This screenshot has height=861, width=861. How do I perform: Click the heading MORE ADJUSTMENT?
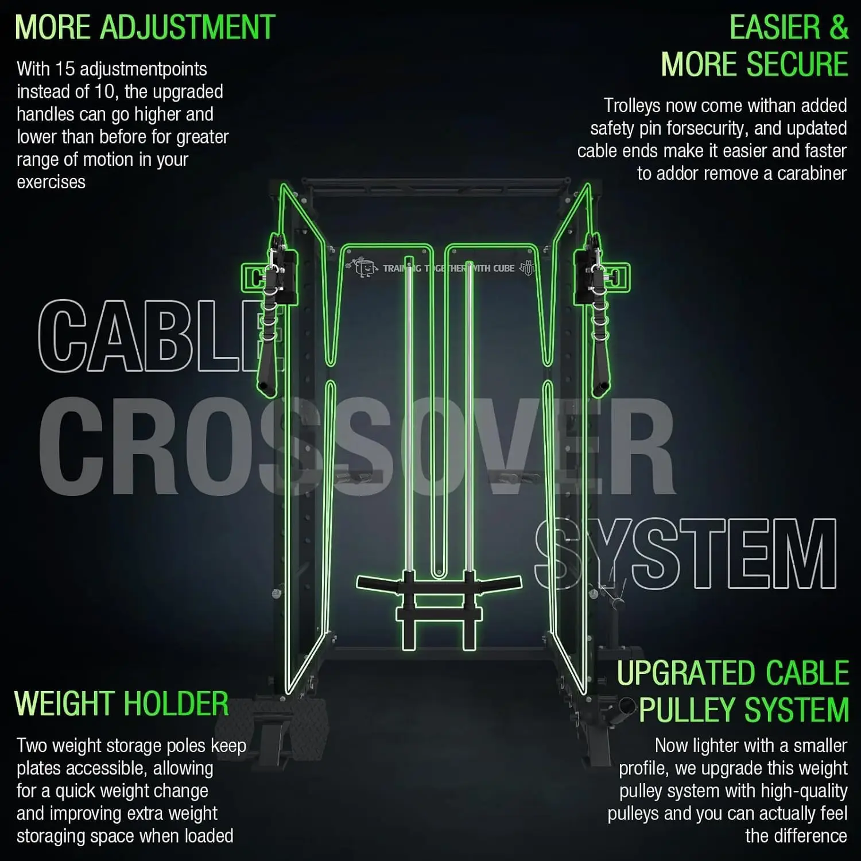coord(145,28)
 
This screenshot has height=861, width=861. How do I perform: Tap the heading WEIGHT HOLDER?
coord(121,704)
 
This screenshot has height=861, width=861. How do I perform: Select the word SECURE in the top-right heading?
coord(797,64)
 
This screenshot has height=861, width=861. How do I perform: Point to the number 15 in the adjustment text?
coord(65,69)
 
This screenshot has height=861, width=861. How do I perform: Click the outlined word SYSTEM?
coord(685,554)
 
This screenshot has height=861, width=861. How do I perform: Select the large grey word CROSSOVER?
coord(356,447)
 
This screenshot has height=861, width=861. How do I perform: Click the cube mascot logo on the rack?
coord(363,267)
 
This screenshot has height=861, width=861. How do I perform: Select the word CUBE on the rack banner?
coord(504,268)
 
